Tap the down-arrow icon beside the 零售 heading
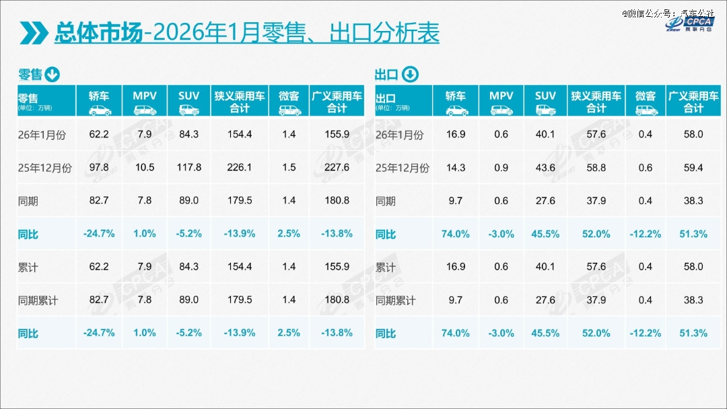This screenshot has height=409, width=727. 53,74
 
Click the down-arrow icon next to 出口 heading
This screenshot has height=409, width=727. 410,74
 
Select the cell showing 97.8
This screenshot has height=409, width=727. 99,168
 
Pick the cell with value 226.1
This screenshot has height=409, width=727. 240,168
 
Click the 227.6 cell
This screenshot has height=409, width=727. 337,168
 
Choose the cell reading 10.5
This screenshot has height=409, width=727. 145,168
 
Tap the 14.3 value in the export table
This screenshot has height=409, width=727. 456,168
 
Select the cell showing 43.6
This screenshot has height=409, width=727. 545,168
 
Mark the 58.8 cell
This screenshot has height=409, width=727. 596,168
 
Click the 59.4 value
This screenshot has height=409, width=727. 693,168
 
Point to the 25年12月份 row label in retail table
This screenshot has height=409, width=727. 44,168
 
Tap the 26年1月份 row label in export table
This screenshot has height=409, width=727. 400,135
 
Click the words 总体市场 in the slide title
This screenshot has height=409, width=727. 98,32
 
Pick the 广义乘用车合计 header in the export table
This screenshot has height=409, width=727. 693,101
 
